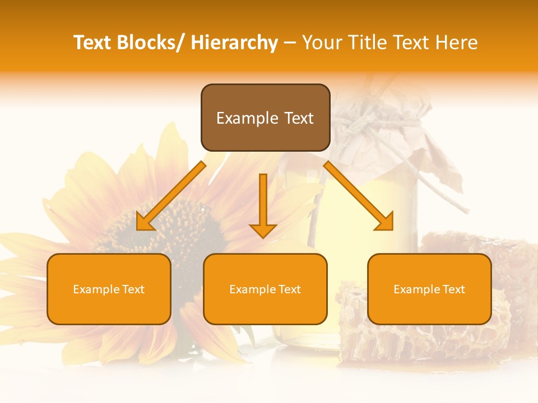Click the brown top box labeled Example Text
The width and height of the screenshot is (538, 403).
(265, 118)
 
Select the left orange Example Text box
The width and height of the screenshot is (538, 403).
(109, 289)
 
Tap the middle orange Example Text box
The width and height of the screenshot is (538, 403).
(265, 289)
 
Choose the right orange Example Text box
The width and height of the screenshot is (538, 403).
(429, 289)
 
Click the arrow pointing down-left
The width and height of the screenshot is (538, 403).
(170, 196)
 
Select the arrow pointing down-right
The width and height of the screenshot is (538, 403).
(359, 196)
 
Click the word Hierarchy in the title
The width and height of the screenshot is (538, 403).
(234, 43)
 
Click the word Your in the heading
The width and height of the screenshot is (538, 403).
(322, 43)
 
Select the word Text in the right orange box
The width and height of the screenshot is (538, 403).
(453, 289)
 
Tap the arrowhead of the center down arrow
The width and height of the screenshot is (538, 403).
(263, 230)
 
